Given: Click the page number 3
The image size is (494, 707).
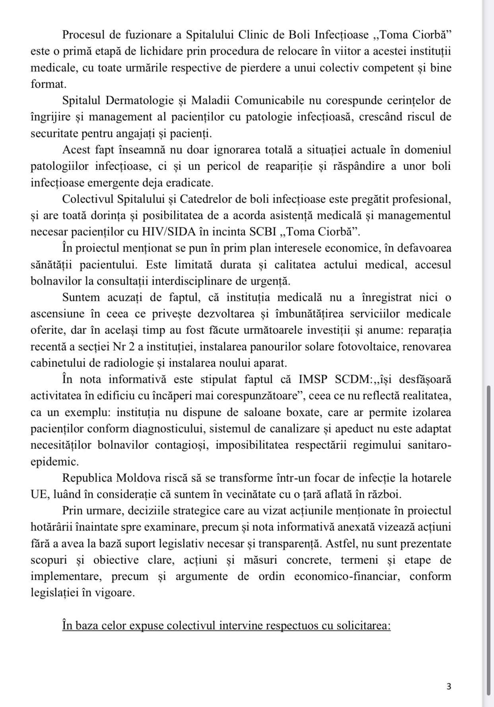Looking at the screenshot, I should [x=449, y=686].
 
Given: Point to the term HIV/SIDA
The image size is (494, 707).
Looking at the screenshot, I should [x=187, y=232].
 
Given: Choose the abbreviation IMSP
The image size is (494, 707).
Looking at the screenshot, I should [x=313, y=379].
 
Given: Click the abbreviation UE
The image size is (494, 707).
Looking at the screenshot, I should [x=39, y=494].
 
